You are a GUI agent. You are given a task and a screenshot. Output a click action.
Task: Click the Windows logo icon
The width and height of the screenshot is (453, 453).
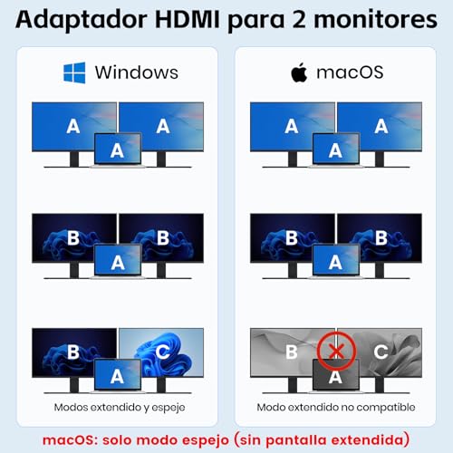click(x=73, y=72)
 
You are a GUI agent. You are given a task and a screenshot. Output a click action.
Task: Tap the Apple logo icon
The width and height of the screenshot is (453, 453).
click(x=299, y=72)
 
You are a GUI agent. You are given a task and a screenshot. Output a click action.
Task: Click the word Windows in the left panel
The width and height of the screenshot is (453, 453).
click(x=137, y=72)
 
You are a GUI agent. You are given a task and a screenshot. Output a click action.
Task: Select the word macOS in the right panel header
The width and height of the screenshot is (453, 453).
click(x=349, y=72)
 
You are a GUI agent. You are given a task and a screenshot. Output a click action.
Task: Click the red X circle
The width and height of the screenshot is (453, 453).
click(x=335, y=350)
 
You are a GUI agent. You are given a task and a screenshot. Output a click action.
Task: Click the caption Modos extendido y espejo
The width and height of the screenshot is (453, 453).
click(x=117, y=408)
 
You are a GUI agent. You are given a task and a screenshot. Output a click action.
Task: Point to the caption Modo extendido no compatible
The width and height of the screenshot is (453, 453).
click(x=335, y=408)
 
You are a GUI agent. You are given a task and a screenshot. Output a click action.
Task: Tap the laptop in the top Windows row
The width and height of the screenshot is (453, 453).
click(x=117, y=151)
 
